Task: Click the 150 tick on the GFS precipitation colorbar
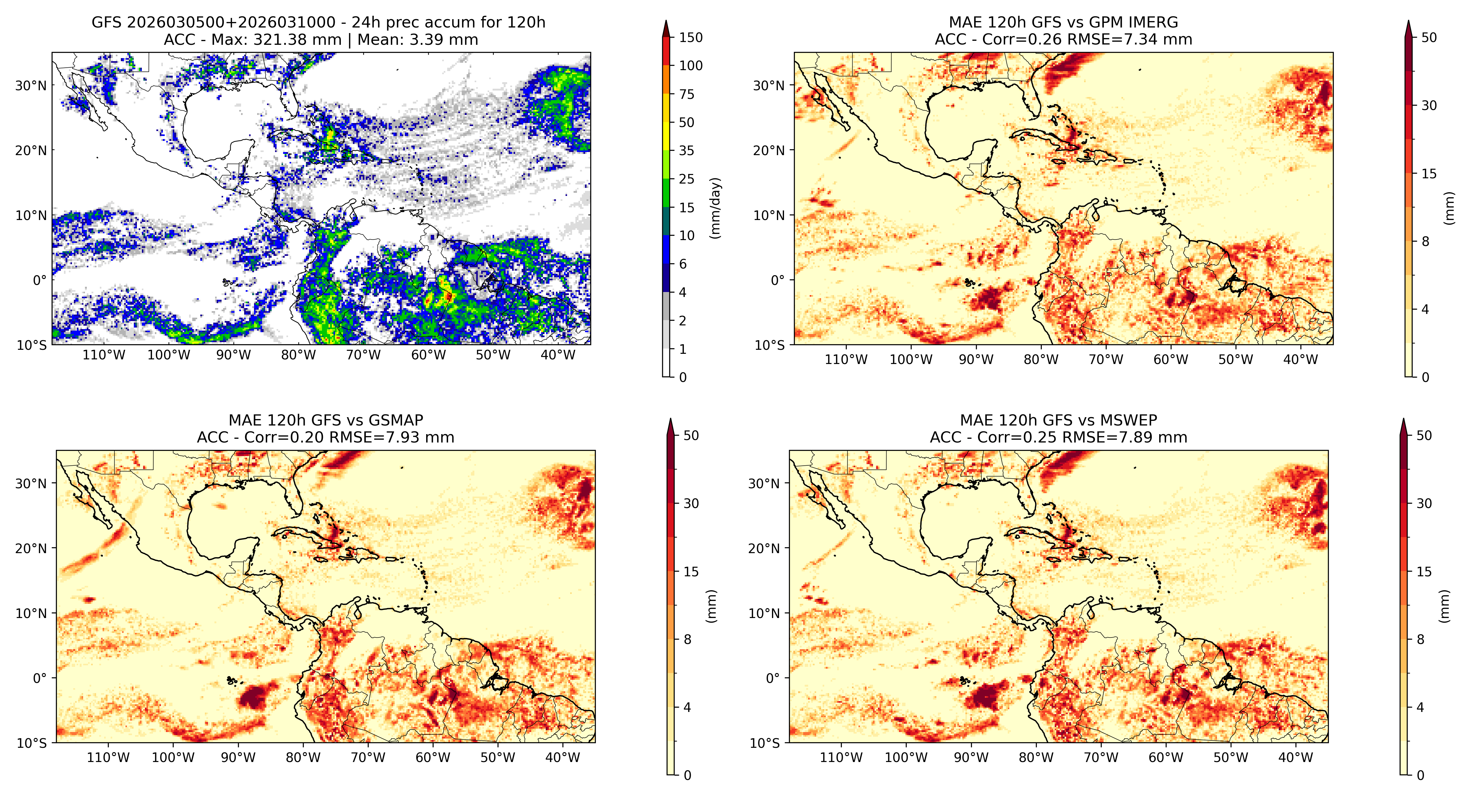690,38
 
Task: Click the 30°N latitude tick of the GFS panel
31,86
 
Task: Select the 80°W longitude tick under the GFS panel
298,355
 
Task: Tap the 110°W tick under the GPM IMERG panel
846,360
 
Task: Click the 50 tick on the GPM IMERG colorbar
1429,38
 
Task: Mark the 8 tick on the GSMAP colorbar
688,640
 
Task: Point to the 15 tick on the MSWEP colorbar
1424,572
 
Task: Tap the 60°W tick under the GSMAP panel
432,758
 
